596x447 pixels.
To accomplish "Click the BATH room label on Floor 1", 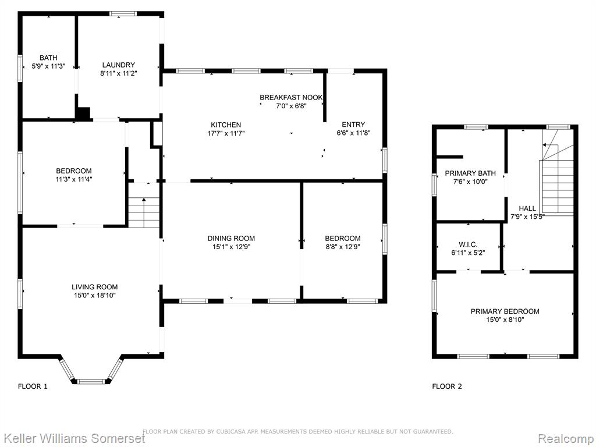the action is point(49,58).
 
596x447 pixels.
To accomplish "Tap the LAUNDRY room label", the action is point(119,65).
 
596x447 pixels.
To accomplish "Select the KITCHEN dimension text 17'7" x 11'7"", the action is point(226,133).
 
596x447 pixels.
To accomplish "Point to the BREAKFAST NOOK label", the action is point(291,98).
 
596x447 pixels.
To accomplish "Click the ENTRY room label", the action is point(353,125).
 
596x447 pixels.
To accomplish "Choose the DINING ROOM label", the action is point(231,238).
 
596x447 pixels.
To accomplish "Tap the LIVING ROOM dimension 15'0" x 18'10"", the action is point(95,295).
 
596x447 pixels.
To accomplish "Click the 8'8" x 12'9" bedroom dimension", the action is point(342,247).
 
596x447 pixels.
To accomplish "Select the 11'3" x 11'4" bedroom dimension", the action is point(74,179).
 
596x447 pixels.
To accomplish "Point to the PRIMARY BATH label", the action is point(470,173).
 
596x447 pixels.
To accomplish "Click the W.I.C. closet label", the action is point(469,244).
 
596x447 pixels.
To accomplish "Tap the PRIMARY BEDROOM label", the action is point(505,311).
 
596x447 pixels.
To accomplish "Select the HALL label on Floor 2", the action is point(527,208).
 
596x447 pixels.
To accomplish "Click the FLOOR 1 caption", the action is point(33,386).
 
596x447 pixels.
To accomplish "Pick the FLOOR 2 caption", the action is point(447,386).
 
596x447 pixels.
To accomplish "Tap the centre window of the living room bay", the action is point(90,381).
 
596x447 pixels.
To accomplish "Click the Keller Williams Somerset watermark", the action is point(73,438).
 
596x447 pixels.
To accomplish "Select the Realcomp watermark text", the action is point(566,438).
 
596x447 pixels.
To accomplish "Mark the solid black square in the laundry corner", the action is point(84,113).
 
